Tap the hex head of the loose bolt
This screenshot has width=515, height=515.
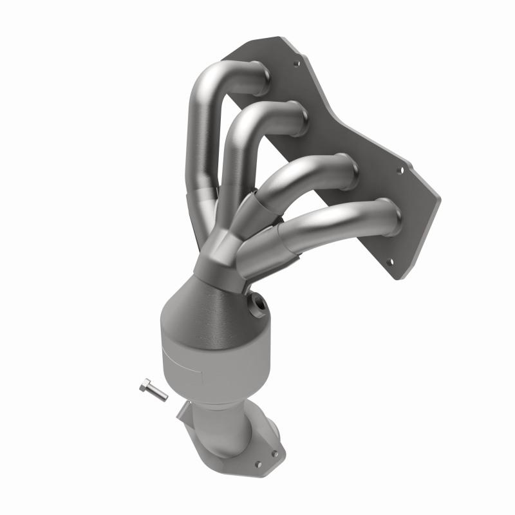(144, 385)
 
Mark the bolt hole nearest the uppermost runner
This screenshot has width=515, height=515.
(297, 64)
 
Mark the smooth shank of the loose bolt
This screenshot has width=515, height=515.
(158, 393)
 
